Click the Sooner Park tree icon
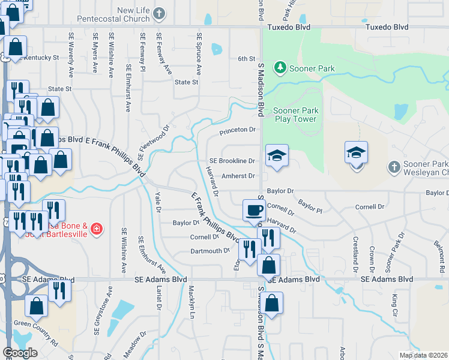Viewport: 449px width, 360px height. pos(280,68)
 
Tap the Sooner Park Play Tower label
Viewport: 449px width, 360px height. pos(294,115)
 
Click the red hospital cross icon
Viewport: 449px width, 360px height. pos(97,229)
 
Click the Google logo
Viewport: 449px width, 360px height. pos(20,353)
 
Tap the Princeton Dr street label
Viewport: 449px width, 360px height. pos(238,130)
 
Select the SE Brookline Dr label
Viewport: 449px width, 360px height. pos(232,161)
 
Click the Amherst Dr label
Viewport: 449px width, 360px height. pos(238,176)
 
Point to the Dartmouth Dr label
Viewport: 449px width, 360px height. pos(210,251)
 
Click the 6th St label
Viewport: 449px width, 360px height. pos(247,58)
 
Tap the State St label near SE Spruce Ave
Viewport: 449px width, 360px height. pos(186,82)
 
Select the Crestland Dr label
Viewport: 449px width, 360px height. pos(356,251)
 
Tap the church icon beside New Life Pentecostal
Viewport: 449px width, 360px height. pos(159,13)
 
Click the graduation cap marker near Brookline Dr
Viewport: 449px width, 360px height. pos(277,155)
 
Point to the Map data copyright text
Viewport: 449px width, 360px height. pos(424,355)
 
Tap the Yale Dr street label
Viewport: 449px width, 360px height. pos(158,202)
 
